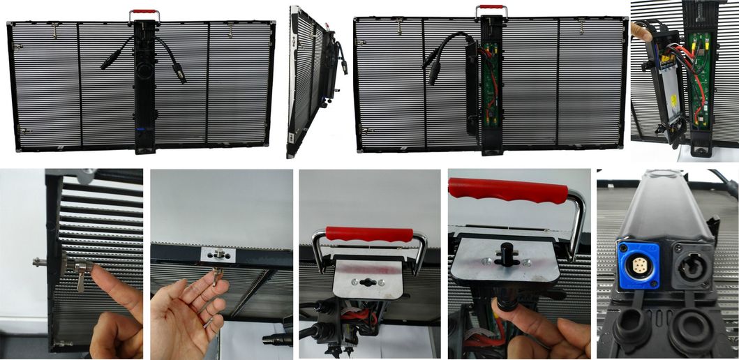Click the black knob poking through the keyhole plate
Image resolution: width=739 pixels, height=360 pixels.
(x=502, y=255)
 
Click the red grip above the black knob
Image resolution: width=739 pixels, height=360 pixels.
(x=507, y=190)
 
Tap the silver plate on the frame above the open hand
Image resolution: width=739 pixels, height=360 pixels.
(x=218, y=255)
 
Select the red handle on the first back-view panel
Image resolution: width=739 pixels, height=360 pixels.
(x=144, y=12)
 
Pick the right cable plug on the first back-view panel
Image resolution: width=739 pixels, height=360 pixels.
(x=181, y=75)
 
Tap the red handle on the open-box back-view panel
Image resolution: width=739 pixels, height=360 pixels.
(x=491, y=8)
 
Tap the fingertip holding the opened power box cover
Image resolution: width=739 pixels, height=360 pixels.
(x=639, y=30)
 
